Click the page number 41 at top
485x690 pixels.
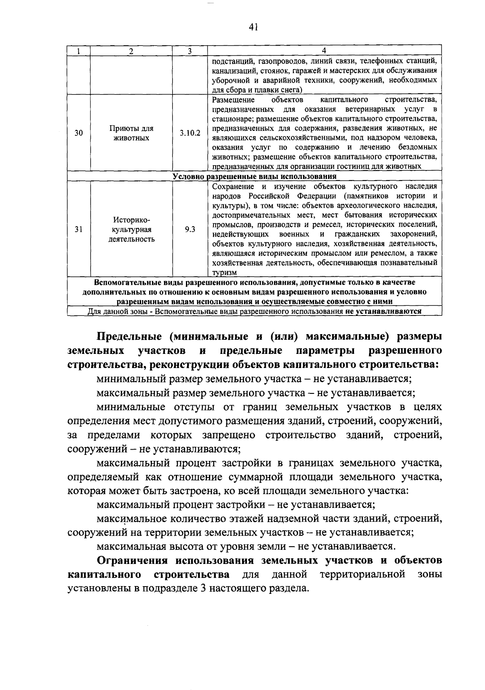click(254, 27)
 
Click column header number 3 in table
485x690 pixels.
click(190, 51)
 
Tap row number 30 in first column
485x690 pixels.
click(79, 133)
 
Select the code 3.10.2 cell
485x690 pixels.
click(190, 133)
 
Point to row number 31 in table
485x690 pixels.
click(79, 229)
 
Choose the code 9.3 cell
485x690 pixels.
click(190, 229)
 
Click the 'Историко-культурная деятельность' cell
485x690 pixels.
click(131, 229)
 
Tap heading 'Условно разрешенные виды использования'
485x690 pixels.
click(254, 177)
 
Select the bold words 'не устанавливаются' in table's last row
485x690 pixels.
click(383, 311)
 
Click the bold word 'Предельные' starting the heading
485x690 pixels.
click(129, 337)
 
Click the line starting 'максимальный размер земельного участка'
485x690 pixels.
click(256, 393)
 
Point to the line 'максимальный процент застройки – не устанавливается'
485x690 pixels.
click(236, 505)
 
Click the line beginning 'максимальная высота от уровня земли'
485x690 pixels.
click(245, 547)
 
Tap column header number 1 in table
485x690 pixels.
click(79, 51)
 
